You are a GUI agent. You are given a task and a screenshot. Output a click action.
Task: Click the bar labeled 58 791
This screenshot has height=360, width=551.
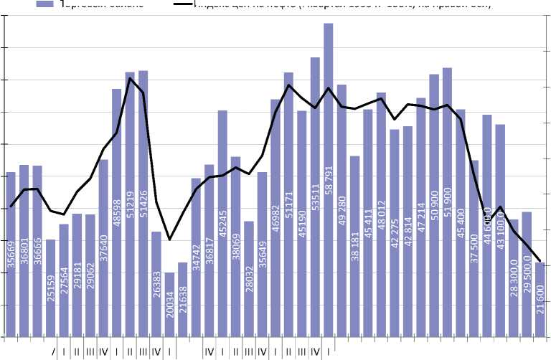[x=328, y=179]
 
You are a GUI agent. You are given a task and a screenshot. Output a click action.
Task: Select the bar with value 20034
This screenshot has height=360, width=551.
[x=169, y=305]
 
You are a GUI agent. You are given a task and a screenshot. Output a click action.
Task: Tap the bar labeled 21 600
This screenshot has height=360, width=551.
[x=540, y=300]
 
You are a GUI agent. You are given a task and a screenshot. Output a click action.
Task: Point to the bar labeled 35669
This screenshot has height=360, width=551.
[x=11, y=255]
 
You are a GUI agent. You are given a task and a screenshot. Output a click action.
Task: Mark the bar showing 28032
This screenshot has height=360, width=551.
[x=248, y=279]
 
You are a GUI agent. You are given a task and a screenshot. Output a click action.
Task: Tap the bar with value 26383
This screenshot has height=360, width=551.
[x=156, y=284]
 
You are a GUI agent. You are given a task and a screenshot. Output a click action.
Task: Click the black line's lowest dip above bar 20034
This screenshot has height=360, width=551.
[x=169, y=239]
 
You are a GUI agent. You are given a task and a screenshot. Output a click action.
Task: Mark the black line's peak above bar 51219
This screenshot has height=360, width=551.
[x=130, y=77]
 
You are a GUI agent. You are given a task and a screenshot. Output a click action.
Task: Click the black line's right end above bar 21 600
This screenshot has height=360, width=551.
[x=540, y=261]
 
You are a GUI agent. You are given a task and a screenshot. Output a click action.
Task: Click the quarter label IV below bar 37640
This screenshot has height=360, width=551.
[x=103, y=351]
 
